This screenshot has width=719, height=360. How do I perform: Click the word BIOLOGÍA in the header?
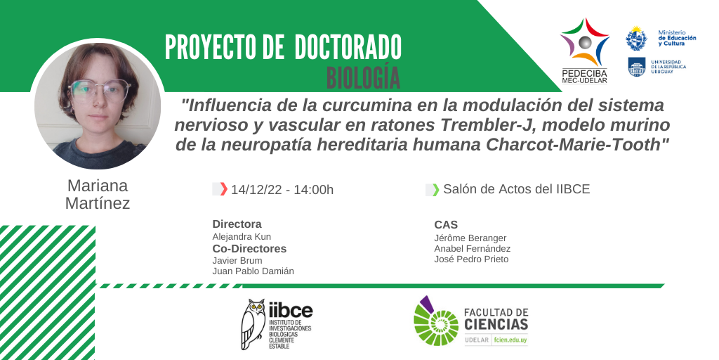[x=363, y=77]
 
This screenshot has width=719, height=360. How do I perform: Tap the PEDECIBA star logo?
[x=585, y=42]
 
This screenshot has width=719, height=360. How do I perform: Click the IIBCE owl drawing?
[x=253, y=324]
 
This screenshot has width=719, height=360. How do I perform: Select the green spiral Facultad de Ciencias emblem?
[x=435, y=321]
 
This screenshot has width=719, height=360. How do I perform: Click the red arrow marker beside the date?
[x=223, y=188]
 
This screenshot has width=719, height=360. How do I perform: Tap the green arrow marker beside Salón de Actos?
[x=435, y=189]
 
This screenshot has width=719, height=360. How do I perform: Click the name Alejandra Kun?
[x=242, y=237]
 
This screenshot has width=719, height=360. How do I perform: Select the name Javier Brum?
[x=237, y=261]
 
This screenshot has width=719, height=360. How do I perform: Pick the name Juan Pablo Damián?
[x=253, y=271]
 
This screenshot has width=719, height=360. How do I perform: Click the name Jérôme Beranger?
[x=470, y=238]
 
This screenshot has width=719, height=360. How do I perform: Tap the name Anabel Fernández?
[x=473, y=249]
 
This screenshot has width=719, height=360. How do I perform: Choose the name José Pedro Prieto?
[x=471, y=259]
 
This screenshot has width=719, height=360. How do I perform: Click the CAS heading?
[x=446, y=225]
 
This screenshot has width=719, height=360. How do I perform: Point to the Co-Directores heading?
[x=249, y=249]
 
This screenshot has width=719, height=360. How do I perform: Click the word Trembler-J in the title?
[x=482, y=125]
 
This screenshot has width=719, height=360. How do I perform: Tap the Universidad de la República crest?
[x=636, y=67]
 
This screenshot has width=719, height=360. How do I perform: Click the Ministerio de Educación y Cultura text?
[x=677, y=38]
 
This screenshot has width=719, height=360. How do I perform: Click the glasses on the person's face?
[x=100, y=91]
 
